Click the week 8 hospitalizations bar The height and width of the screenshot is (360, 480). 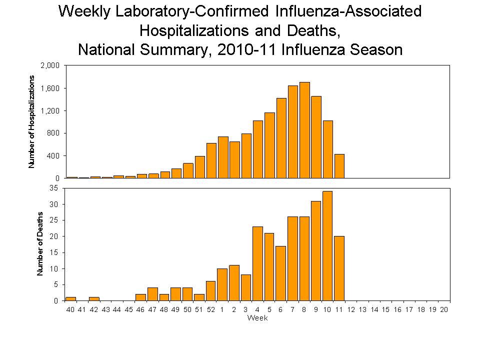coord(304,130)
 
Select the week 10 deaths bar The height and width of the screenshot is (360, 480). coord(327,245)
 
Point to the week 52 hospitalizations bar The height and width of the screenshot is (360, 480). coord(211,160)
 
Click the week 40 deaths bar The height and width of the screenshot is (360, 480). coord(70,298)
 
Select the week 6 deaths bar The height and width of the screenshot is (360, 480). coord(281,273)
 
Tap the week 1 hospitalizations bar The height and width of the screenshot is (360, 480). coord(223,157)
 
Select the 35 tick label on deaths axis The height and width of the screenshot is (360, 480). coord(54,188)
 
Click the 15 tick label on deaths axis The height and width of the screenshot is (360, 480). coord(54,252)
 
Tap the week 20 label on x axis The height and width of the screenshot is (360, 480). coord(444,310)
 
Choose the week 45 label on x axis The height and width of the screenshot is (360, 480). coord(128,310)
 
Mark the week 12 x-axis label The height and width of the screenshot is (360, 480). coord(351,310)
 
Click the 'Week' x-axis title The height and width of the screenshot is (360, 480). coord(257,318)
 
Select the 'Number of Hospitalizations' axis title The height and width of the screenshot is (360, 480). coord(31,121)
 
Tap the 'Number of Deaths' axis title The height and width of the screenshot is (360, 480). coord(40,244)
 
